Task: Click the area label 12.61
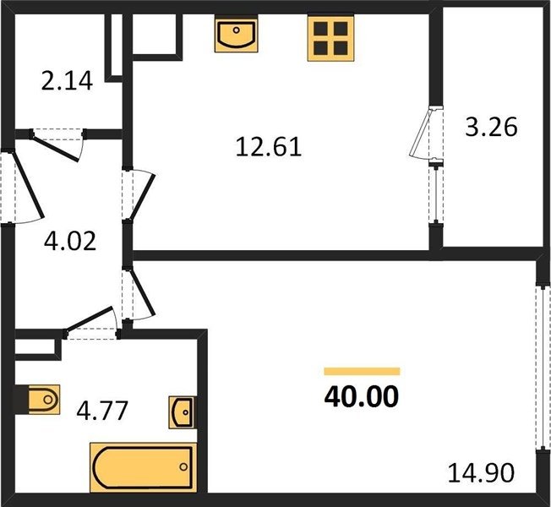tap(269, 147)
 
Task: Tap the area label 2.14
tap(67, 81)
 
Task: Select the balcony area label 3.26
tap(491, 127)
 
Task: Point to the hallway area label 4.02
tap(70, 241)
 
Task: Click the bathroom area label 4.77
tap(102, 411)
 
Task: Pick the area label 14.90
tap(481, 472)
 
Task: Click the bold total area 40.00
tap(362, 396)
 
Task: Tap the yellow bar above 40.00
tap(362, 372)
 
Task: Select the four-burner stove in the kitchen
tap(330, 38)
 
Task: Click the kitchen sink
tap(236, 34)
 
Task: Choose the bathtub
tap(144, 467)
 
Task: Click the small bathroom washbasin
tap(183, 412)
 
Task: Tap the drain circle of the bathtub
tap(183, 467)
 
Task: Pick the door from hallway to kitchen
tap(140, 195)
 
